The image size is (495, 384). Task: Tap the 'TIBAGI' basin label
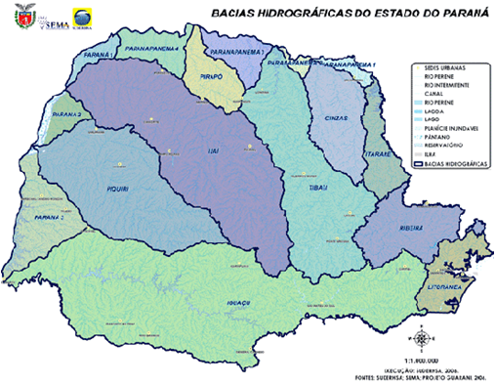[x=321, y=186]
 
